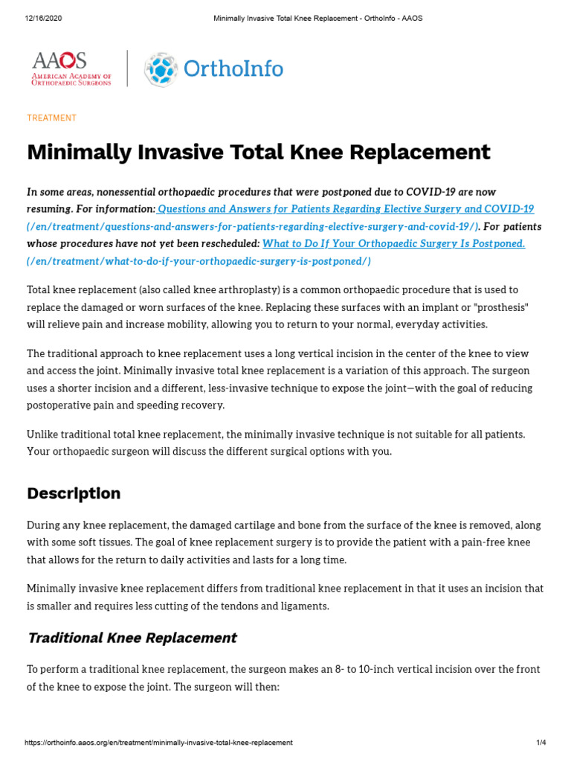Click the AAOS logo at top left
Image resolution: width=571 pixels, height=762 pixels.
(x=71, y=68)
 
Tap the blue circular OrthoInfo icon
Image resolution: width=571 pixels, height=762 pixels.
(x=161, y=69)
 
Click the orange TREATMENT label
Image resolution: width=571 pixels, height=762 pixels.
(x=51, y=118)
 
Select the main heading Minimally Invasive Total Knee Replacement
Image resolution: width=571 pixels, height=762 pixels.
(x=258, y=152)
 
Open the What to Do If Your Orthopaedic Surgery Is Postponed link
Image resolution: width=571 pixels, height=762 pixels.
(x=394, y=243)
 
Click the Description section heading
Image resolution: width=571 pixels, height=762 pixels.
(x=74, y=493)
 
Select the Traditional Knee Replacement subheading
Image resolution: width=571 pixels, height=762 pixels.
(x=132, y=638)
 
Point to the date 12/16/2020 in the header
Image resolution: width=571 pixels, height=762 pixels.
(x=43, y=18)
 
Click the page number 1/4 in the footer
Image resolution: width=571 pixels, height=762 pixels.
(x=541, y=743)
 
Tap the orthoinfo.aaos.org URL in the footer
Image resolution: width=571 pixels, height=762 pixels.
(x=158, y=743)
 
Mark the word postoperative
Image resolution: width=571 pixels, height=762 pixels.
(x=62, y=405)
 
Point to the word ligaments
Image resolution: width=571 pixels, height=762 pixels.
(x=303, y=606)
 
